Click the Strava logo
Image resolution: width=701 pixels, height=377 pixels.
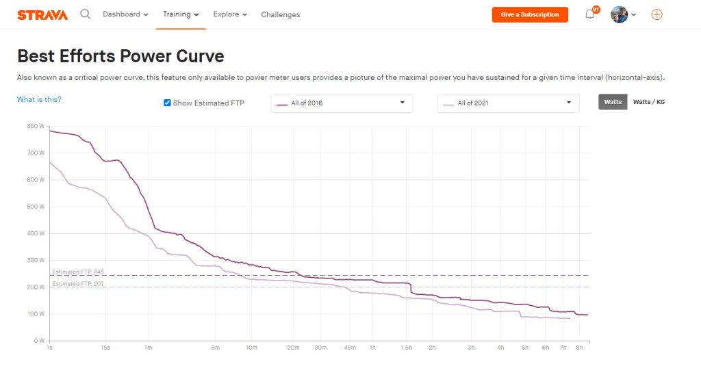pyautogui.click(x=42, y=14)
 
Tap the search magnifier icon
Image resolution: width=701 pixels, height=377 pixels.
pyautogui.click(x=86, y=14)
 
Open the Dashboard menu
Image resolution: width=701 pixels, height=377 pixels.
pyautogui.click(x=125, y=14)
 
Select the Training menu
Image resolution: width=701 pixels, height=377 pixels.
pyautogui.click(x=181, y=14)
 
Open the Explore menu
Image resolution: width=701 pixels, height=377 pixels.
pyautogui.click(x=230, y=14)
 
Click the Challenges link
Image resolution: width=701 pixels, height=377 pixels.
pyautogui.click(x=281, y=14)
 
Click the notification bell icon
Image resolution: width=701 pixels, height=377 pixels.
pyautogui.click(x=590, y=14)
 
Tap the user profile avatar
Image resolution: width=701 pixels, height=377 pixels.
pyautogui.click(x=620, y=14)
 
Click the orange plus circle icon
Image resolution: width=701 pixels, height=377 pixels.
pyautogui.click(x=657, y=14)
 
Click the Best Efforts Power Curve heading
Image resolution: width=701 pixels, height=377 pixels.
pyautogui.click(x=120, y=55)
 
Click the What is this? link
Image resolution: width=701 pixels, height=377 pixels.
pyautogui.click(x=39, y=100)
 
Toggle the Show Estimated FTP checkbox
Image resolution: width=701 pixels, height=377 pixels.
pyautogui.click(x=167, y=103)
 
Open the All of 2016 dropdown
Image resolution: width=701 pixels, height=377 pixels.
pyautogui.click(x=342, y=103)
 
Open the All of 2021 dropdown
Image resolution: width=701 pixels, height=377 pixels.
pyautogui.click(x=508, y=103)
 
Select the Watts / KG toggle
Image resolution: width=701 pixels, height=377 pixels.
pyautogui.click(x=648, y=102)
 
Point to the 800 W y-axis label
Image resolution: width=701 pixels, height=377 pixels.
pyautogui.click(x=36, y=126)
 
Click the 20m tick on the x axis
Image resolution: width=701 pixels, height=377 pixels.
pyautogui.click(x=293, y=348)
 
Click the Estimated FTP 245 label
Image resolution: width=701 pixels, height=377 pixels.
pyautogui.click(x=78, y=272)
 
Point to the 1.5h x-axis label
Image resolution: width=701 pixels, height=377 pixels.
pyautogui.click(x=407, y=348)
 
